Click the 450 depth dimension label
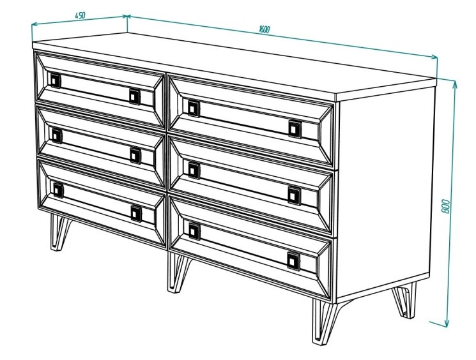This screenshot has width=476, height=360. pos(80,15)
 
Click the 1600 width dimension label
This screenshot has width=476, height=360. pos(265,29)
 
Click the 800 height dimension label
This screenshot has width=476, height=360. pos(445,206)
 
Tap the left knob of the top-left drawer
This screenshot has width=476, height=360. pos(55,80)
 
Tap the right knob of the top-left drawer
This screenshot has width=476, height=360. pos(134,96)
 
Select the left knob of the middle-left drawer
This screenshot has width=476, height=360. pos(56,136)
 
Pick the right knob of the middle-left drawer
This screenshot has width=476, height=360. pos(135,156)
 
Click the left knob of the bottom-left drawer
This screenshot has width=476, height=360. pos(58,190)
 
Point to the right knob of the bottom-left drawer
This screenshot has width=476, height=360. pos(136,214)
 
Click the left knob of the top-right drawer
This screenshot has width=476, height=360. pos(194,109)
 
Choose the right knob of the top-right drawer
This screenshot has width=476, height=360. pos(295,129)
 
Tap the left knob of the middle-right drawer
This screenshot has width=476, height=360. pos(194,170)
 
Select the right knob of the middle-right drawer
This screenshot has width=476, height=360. pos(294,196)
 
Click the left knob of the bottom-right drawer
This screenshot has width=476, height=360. pos(194,232)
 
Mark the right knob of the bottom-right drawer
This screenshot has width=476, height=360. pos(293,261)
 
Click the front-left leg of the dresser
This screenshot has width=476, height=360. pos(60,232)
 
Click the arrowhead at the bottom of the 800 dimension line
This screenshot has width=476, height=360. pos(446,323)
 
